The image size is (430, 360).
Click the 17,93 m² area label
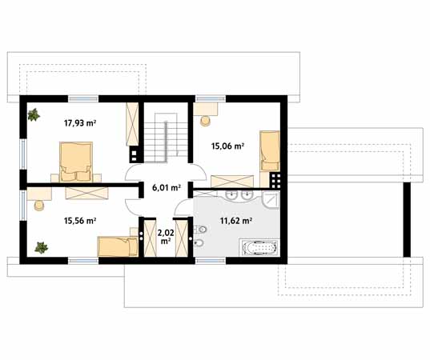80,123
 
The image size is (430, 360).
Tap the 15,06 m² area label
227,146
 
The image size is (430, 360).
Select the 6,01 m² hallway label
167,188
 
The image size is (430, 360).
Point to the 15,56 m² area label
80,221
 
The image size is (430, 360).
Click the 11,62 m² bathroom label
236,221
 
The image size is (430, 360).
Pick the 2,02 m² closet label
166,237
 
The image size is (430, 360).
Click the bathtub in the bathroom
259,248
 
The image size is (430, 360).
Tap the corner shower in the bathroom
271,200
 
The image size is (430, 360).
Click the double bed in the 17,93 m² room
76,162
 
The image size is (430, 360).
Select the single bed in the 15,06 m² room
270,150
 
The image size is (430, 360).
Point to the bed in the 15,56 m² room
118,246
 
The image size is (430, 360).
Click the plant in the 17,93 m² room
34,114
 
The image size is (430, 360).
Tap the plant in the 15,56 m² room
41,248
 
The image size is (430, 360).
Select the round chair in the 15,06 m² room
205,121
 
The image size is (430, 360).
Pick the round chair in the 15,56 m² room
39,206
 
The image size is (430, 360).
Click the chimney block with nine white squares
275,180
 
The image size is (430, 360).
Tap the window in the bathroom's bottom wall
211,260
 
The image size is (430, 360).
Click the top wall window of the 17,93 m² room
83,98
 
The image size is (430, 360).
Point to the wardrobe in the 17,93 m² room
132,124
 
